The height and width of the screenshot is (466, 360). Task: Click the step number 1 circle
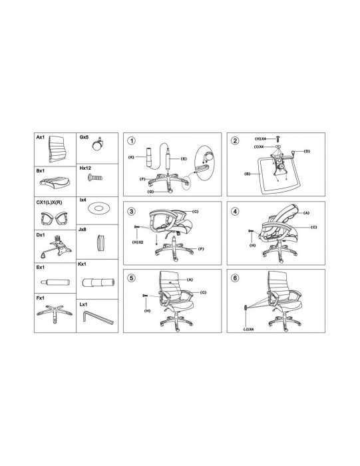coord(131,141)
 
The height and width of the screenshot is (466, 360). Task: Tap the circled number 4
coord(235,211)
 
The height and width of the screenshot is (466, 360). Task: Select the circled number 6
coord(235,278)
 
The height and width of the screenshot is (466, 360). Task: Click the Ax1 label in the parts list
coord(41,137)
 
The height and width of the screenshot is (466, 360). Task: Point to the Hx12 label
coord(85,168)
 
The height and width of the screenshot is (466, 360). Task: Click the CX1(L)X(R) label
coord(49,202)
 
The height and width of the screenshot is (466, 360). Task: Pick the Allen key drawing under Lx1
coord(98,319)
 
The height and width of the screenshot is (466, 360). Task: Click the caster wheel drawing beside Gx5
coord(98,144)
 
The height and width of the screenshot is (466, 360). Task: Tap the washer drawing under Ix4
coord(98,208)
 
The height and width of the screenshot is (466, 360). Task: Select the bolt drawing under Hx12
coord(95,178)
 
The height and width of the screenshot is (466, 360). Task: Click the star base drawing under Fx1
coord(55,314)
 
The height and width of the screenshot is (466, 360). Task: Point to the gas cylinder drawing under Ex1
coord(55,281)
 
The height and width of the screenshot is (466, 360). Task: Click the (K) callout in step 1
coord(131,157)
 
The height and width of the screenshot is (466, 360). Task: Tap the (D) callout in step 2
coord(307,151)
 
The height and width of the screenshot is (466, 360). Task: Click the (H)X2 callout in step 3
coord(138,242)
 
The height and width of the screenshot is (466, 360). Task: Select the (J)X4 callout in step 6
coord(248,330)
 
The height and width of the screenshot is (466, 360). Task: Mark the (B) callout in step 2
coord(247,174)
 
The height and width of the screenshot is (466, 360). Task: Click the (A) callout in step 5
coord(190,280)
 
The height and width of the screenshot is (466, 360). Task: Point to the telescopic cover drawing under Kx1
coord(98,282)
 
